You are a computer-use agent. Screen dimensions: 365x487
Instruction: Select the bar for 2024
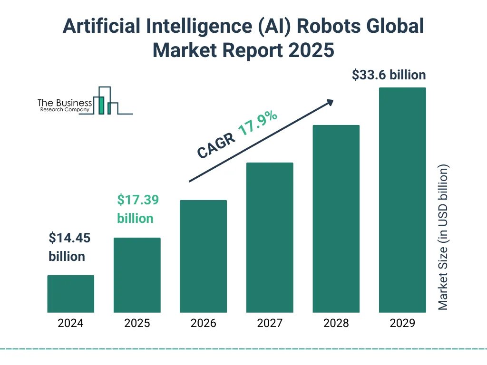70,294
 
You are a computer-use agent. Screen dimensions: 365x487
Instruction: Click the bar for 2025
137,275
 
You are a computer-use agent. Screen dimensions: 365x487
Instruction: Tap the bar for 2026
203,256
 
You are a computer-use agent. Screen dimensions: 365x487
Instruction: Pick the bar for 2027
270,237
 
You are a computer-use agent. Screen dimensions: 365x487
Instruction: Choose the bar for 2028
336,219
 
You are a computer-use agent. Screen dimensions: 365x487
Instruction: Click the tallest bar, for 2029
402,200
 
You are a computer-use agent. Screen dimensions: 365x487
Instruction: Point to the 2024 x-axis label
70,324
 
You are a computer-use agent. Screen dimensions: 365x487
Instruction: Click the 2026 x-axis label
203,324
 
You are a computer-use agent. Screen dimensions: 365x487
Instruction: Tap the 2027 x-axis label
270,324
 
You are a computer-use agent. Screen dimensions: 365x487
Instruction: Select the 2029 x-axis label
402,324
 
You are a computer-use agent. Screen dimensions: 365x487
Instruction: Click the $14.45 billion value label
69,247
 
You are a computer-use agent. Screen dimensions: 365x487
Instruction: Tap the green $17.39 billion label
137,209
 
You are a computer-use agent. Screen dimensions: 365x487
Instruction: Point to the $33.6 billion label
389,75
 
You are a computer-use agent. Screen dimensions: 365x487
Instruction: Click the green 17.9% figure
257,125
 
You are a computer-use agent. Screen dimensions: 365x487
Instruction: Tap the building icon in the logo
105,101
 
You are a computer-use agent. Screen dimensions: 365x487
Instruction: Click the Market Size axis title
443,237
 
